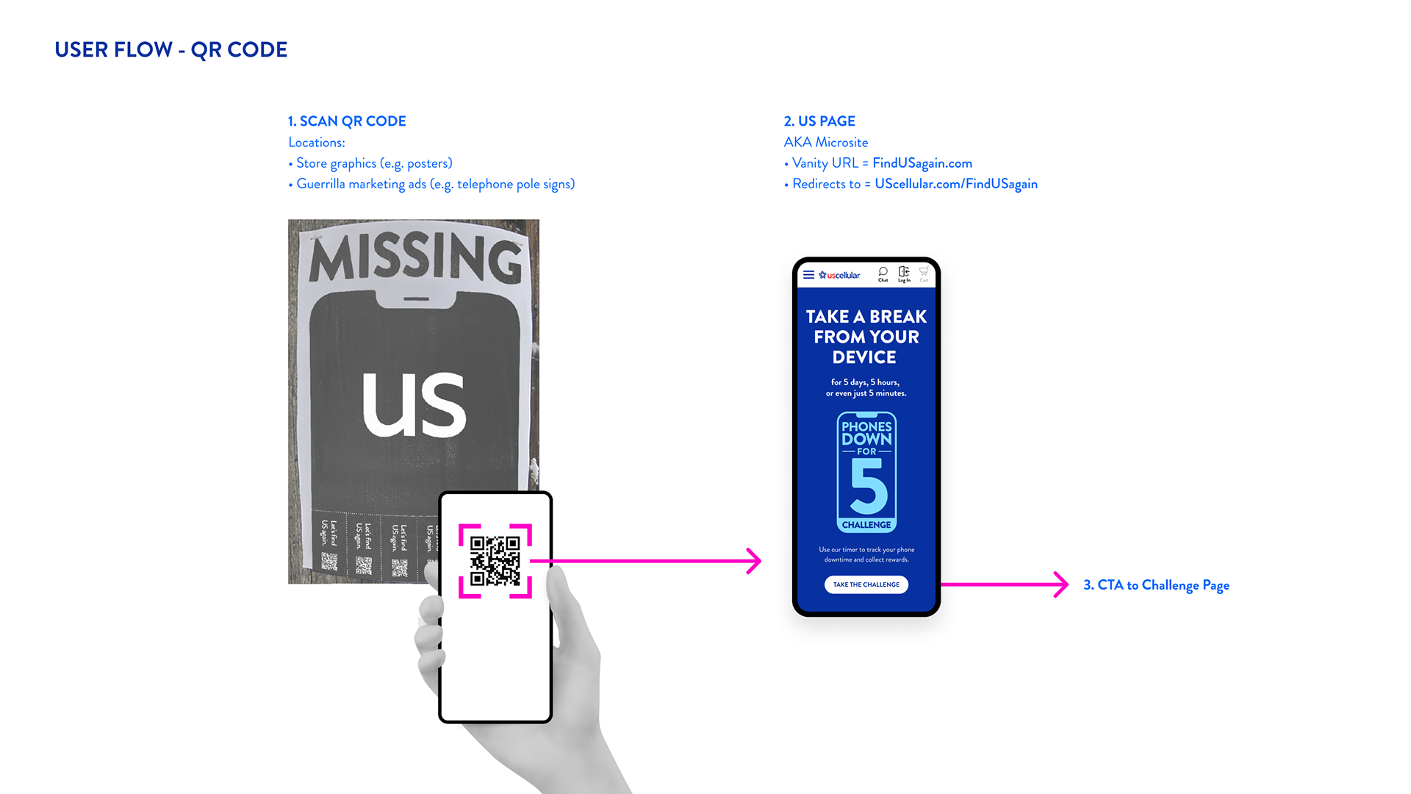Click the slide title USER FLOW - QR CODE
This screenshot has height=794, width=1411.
(x=170, y=50)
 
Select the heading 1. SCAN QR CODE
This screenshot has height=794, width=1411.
(x=347, y=121)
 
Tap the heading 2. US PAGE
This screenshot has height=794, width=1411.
(x=819, y=121)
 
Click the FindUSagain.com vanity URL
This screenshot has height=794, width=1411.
(x=922, y=163)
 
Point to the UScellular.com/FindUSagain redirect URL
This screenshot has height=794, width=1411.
(x=955, y=184)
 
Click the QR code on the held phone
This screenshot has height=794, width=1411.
(x=495, y=561)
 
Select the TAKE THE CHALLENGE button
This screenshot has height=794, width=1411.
(x=866, y=584)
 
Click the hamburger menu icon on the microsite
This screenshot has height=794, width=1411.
(x=808, y=275)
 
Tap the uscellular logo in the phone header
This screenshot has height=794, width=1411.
(x=840, y=275)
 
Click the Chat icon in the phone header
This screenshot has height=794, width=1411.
(x=883, y=273)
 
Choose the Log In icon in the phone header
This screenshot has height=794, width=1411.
(x=904, y=273)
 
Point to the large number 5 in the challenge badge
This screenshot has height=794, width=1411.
(x=869, y=487)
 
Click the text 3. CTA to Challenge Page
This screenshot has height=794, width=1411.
(x=1156, y=585)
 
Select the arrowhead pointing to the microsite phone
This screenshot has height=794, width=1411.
(x=755, y=561)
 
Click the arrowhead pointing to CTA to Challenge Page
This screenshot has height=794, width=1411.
(x=1062, y=584)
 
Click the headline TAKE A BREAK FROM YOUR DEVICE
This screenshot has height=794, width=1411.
(x=866, y=337)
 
